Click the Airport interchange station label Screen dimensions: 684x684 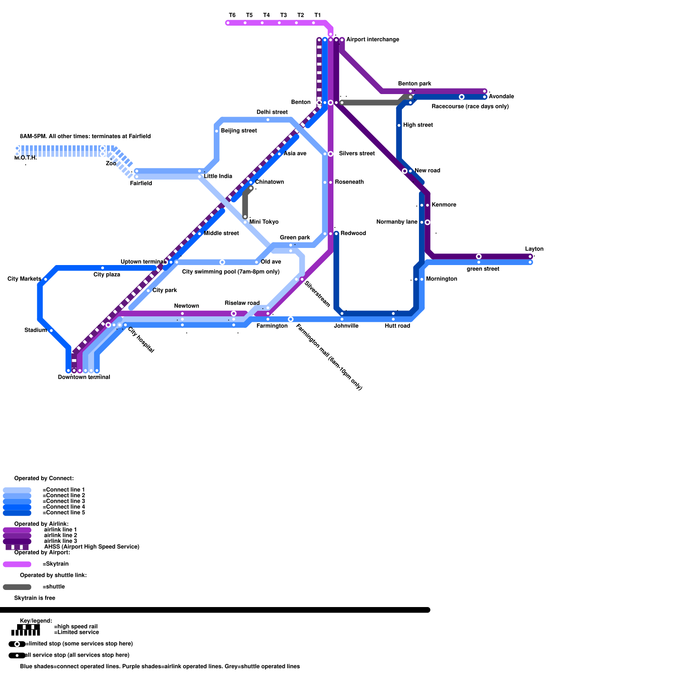click(372, 39)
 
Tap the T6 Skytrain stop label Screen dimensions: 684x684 click(232, 15)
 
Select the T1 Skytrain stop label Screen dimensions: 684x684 click(318, 15)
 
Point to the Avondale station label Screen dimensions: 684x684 click(501, 96)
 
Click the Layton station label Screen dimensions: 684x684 click(534, 249)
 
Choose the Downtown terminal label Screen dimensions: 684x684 click(84, 377)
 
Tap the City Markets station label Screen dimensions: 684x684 click(24, 279)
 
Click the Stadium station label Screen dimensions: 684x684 click(35, 330)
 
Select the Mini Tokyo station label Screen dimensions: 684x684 click(264, 222)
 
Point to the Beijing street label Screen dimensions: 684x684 click(239, 130)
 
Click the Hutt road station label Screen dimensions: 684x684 click(397, 326)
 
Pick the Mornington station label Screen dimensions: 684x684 click(441, 279)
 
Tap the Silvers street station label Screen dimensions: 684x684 click(357, 153)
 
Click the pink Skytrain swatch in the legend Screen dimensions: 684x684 click(17, 564)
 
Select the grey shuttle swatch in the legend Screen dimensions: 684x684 click(17, 587)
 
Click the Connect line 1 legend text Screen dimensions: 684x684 click(64, 489)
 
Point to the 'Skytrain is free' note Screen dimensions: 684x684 click(35, 598)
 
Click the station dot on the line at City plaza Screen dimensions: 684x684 click(103, 268)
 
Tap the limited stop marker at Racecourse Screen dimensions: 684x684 click(462, 97)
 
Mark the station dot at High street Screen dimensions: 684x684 click(399, 125)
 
